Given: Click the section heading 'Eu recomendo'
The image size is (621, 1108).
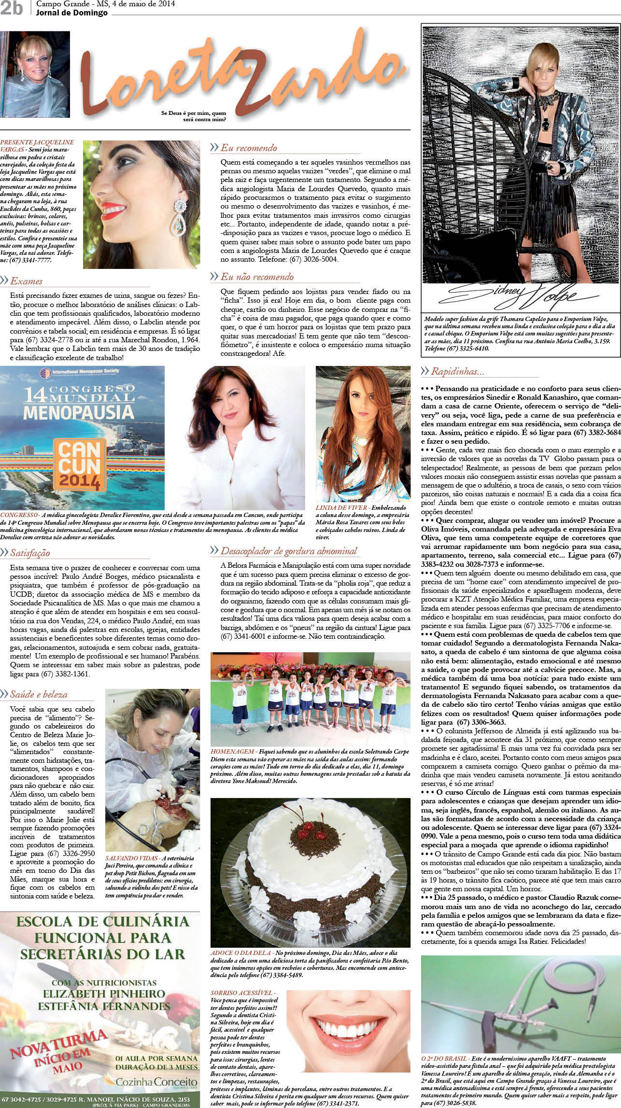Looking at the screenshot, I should tap(249, 148).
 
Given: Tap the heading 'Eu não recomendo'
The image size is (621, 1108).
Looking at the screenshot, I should tap(257, 277).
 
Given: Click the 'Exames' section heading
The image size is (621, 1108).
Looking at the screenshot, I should tap(26, 281).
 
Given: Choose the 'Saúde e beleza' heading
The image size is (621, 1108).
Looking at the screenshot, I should tap(39, 694).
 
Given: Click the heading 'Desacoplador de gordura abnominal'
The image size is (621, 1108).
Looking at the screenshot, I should tap(289, 551).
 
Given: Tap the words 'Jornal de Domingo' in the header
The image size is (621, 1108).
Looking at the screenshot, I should tap(71, 13).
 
